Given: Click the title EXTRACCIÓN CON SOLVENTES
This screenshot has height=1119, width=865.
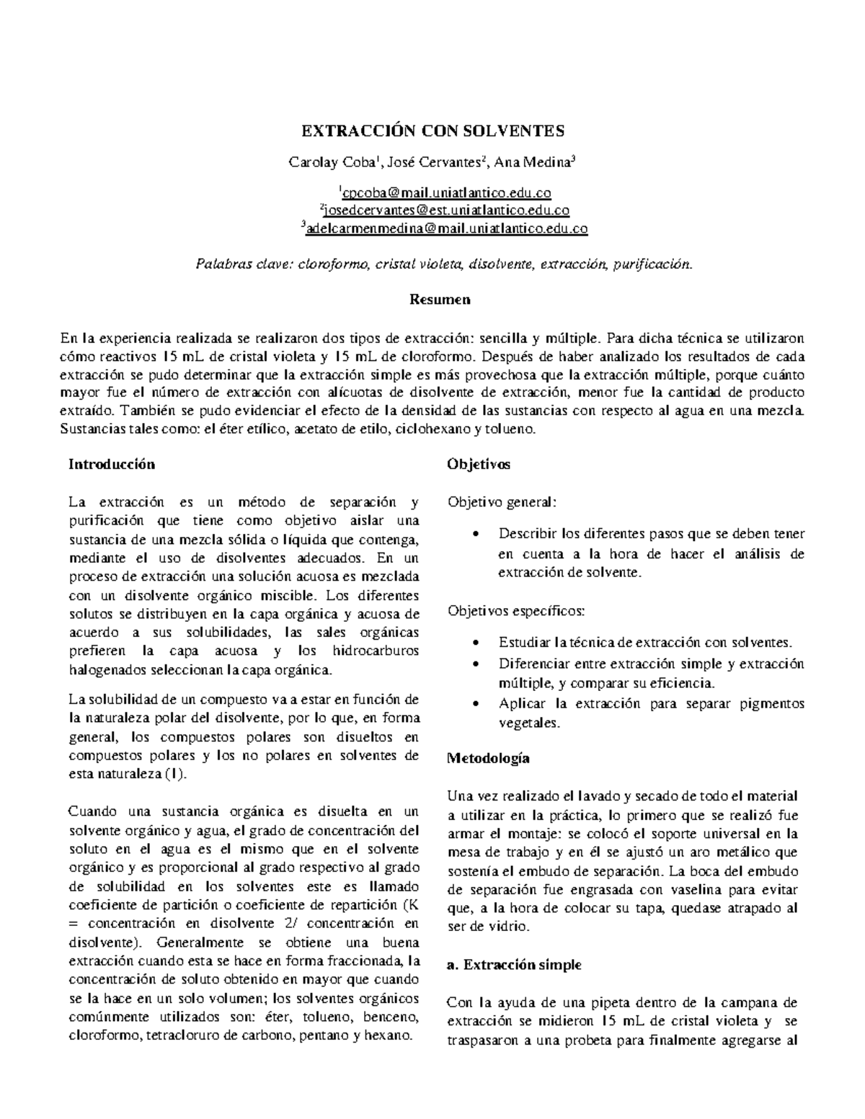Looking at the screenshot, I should pyautogui.click(x=432, y=131).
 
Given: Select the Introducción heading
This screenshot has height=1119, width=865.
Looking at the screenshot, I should pyautogui.click(x=111, y=464).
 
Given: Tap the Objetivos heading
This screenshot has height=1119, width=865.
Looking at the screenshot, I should pyautogui.click(x=478, y=464).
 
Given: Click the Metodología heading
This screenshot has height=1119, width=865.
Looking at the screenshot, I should pyautogui.click(x=488, y=758).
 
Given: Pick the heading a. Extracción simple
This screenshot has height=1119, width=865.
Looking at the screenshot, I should pyautogui.click(x=513, y=965).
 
